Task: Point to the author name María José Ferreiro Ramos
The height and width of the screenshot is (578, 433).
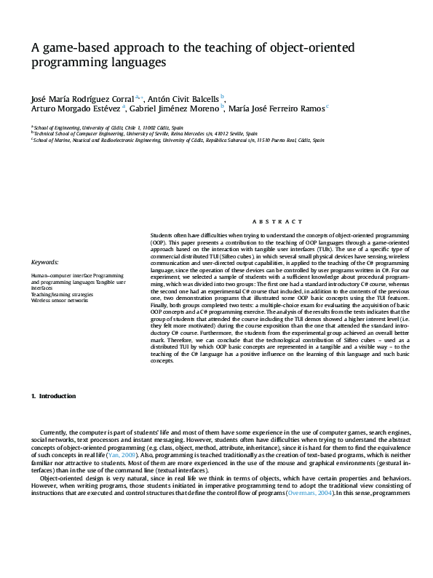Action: click(276, 109)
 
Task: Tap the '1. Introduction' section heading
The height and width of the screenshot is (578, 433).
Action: click(54, 396)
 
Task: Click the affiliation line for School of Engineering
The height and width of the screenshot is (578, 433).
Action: click(107, 127)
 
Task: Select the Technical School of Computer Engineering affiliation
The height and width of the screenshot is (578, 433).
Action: click(146, 133)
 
